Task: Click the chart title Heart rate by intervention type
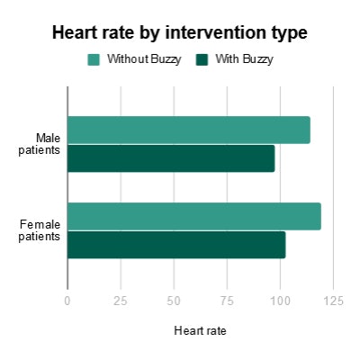click(180, 33)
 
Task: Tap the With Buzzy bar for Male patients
click(171, 158)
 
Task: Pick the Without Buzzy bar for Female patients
click(193, 216)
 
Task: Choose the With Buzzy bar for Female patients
click(176, 245)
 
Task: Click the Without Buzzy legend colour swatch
click(94, 60)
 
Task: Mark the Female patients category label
click(40, 230)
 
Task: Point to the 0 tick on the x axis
click(67, 300)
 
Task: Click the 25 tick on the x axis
click(121, 300)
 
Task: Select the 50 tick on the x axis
click(174, 300)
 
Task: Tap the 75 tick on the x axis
click(227, 300)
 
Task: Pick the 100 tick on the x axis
click(280, 300)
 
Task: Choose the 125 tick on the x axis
click(333, 300)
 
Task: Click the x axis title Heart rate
click(200, 331)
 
